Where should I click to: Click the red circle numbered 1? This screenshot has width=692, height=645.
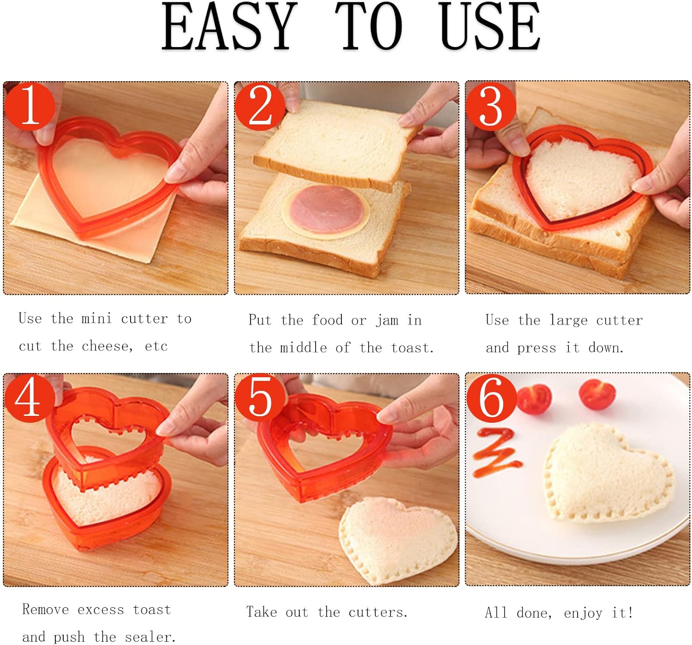[30, 106]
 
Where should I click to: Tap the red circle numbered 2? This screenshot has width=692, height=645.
[260, 106]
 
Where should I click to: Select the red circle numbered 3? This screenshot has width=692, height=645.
[491, 106]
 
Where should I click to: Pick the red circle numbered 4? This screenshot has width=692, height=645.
[30, 398]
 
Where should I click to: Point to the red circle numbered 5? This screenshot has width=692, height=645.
[260, 398]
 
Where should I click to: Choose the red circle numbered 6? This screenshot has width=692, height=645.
[491, 398]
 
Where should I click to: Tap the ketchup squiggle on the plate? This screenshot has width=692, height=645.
[496, 452]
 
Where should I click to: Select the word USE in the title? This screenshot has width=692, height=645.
[489, 27]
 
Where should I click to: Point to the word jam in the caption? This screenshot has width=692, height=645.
[387, 320]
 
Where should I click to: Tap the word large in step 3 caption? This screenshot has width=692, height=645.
[568, 320]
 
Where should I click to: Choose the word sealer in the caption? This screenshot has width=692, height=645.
[150, 637]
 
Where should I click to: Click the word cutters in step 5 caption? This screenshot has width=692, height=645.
[378, 612]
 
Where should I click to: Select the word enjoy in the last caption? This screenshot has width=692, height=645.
[583, 613]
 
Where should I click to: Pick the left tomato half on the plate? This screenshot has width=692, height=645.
[534, 399]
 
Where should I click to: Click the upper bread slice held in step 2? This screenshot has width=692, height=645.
[337, 146]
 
